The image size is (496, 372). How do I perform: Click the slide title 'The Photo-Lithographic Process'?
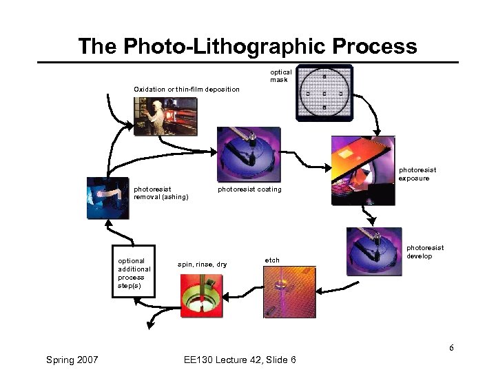pyautogui.click(x=247, y=46)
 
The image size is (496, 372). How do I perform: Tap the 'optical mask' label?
pyautogui.click(x=280, y=76)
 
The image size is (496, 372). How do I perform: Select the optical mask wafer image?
pyautogui.click(x=324, y=93)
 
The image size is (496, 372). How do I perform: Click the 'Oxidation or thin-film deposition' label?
pyautogui.click(x=187, y=90)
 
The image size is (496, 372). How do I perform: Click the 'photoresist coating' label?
pyautogui.click(x=249, y=189)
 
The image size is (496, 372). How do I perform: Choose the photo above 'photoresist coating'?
pyautogui.click(x=249, y=155)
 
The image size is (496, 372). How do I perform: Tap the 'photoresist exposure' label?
pyautogui.click(x=417, y=174)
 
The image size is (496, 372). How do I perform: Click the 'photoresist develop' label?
pyautogui.click(x=425, y=252)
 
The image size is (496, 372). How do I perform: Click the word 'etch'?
pyautogui.click(x=272, y=260)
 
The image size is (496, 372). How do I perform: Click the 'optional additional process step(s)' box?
pyautogui.click(x=134, y=273)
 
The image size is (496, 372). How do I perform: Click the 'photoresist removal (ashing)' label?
pyautogui.click(x=161, y=193)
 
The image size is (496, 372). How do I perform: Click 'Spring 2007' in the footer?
pyautogui.click(x=72, y=360)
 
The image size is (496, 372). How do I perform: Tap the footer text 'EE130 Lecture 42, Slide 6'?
pyautogui.click(x=240, y=360)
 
